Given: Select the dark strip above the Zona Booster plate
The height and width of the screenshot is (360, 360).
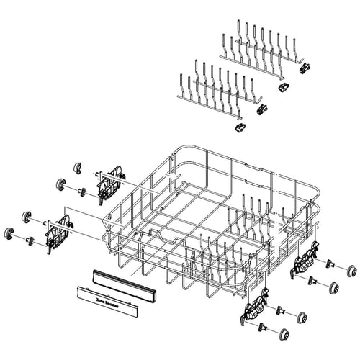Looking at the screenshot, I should coord(123,284).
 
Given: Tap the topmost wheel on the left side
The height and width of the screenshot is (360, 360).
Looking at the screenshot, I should coord(77,168).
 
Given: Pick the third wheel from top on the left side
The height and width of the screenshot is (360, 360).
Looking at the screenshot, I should coord(26,216).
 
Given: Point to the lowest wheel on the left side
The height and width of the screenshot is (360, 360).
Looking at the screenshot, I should coord(10,233).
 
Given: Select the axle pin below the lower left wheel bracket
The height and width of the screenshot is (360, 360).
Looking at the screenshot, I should coord(30,240).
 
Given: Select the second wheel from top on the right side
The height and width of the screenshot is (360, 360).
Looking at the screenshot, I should coord(335,287).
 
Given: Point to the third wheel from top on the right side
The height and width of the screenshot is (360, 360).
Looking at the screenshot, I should coord(301,318).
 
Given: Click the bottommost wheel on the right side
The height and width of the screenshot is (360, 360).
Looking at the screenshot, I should coord(284,333).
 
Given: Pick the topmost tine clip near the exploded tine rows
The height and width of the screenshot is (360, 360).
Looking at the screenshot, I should coord(305,68).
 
